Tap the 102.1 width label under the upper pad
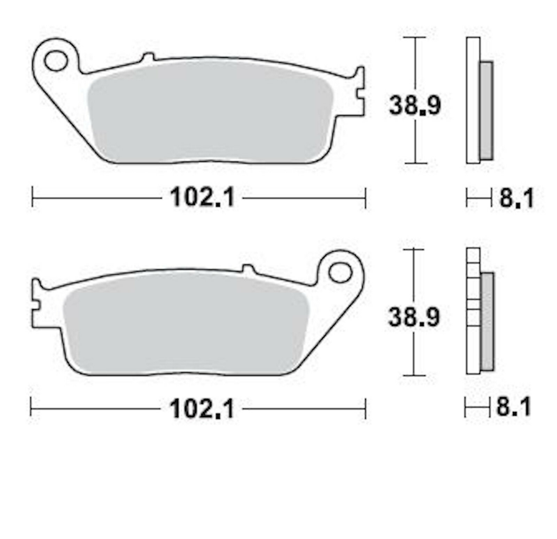pos(202,198)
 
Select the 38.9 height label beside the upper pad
pos(415,105)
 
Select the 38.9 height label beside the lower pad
pos(414,317)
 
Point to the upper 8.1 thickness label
pos(516,199)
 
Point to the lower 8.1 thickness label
pos(513,407)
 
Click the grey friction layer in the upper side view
pos(486,111)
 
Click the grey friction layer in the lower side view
pos(487,321)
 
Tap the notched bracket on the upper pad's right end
pos(360,94)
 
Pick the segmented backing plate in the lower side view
pos(473,311)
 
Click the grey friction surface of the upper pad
pos(209,111)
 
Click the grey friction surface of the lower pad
pos(185,324)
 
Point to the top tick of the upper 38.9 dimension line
pos(415,37)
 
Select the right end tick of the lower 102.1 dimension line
pos(365,408)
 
